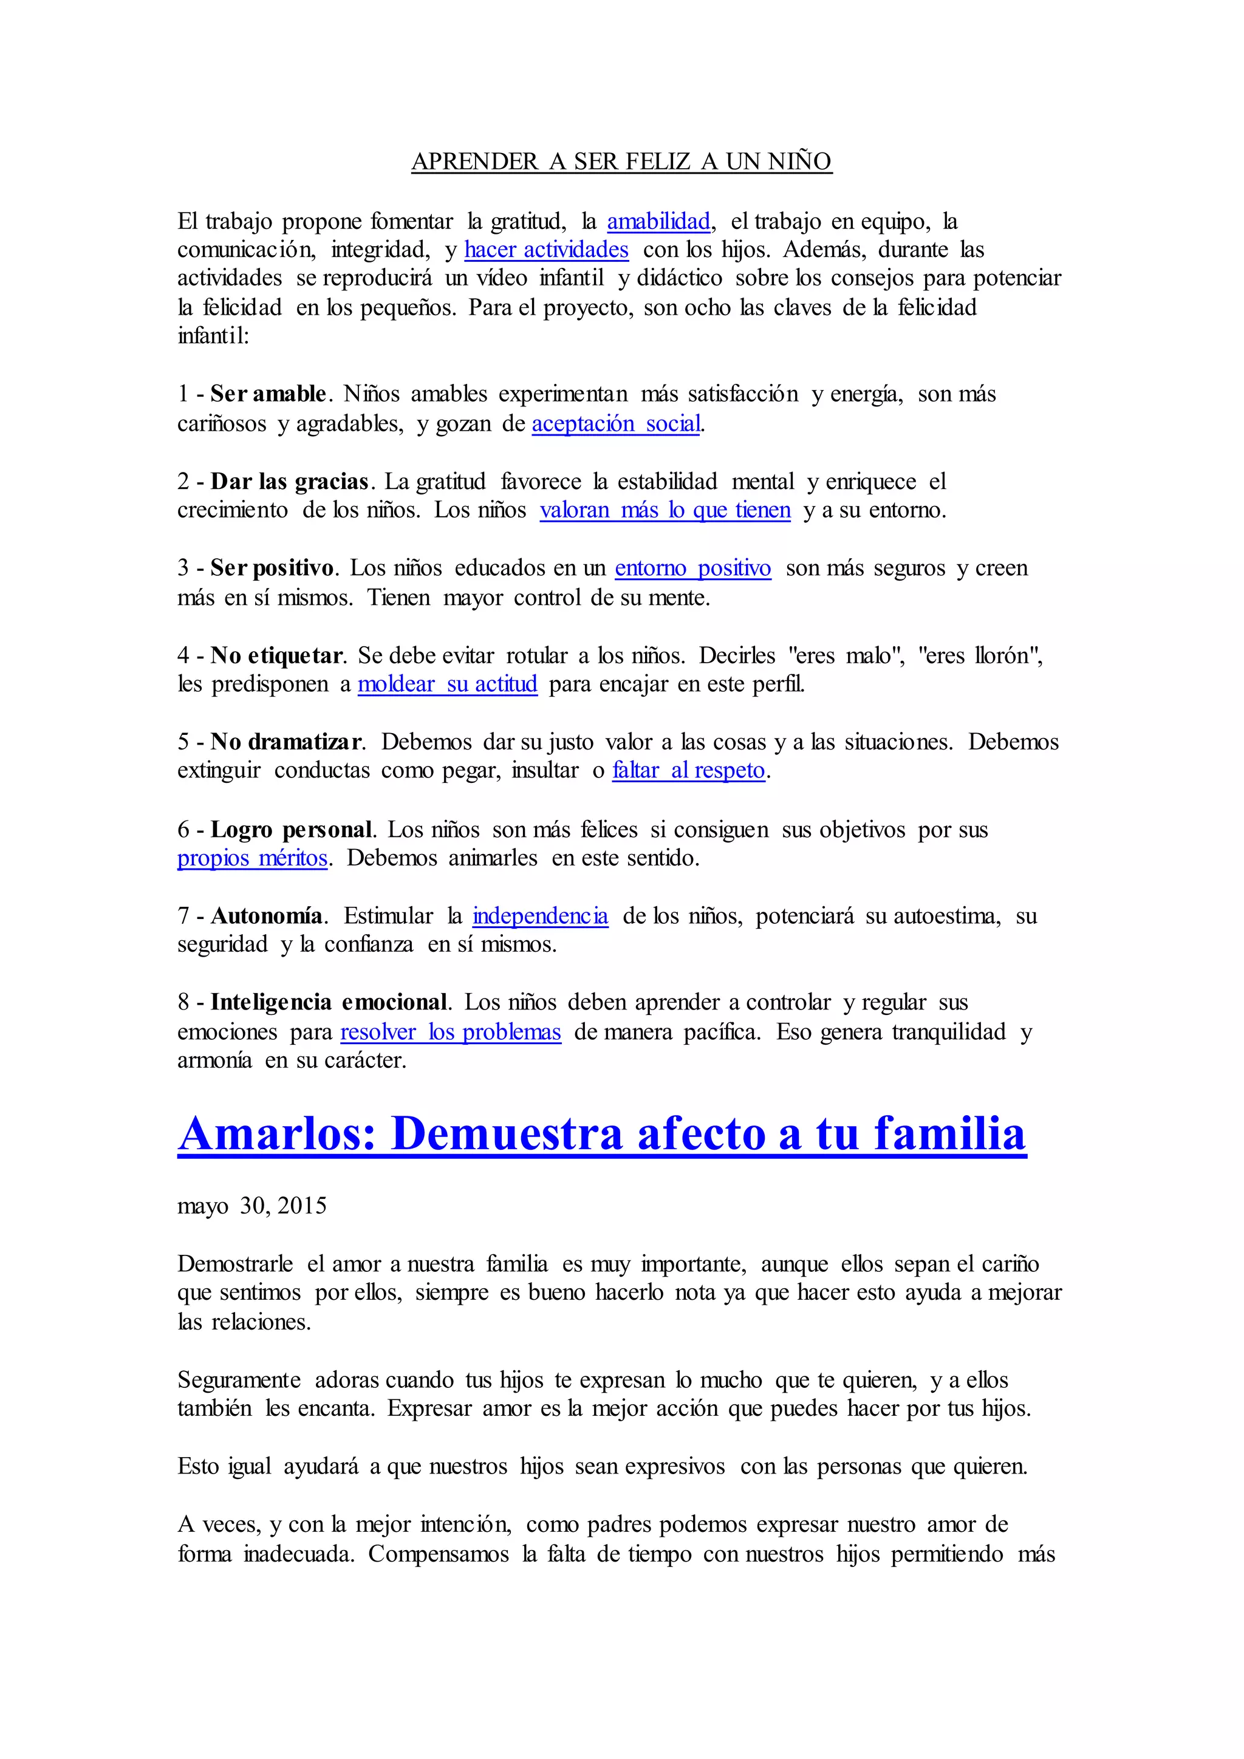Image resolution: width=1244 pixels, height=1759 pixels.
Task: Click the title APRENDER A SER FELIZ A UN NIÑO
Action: (621, 162)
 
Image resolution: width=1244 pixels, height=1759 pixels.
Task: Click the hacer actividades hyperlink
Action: (546, 250)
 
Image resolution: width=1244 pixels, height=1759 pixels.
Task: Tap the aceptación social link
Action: (617, 424)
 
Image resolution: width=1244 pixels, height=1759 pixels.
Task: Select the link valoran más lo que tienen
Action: (665, 510)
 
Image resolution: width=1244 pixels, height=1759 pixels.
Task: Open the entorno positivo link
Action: (692, 569)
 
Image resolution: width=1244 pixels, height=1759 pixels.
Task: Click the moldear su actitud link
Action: (447, 683)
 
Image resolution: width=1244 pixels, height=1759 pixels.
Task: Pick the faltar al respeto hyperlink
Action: (689, 770)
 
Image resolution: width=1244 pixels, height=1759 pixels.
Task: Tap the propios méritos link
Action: (253, 858)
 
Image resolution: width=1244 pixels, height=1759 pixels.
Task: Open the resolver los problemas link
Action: (451, 1032)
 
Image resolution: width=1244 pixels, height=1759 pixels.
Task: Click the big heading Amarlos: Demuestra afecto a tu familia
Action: (602, 1134)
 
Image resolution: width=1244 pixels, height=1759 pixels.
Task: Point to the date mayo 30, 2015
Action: (252, 1206)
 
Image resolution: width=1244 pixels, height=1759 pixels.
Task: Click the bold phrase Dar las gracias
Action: (290, 482)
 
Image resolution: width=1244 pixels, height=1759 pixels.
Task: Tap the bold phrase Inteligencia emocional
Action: (329, 1002)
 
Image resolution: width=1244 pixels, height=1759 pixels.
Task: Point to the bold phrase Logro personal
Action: (292, 830)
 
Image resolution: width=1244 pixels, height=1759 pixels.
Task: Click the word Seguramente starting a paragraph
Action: (239, 1380)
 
